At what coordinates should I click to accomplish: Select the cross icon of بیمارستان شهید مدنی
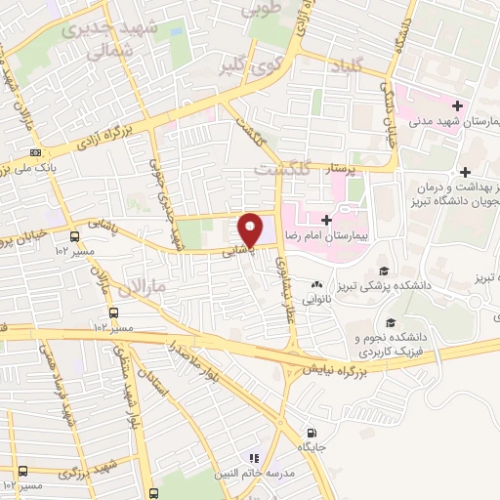point(457,104)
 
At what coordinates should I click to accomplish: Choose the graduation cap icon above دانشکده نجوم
point(391,323)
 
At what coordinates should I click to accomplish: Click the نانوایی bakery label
point(316,301)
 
